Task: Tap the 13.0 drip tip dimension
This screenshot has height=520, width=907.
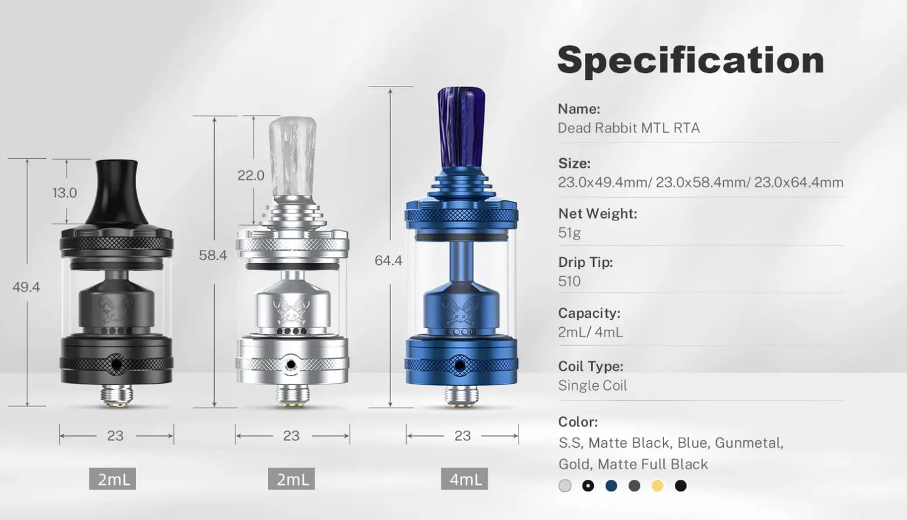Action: coord(65,193)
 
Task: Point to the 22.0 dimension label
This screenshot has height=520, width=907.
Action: coord(250,175)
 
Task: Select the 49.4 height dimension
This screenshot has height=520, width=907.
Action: coord(26,287)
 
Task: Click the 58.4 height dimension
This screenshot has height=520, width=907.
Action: coord(213,255)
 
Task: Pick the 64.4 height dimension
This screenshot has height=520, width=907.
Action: coord(389,261)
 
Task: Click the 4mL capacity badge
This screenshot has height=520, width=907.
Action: coord(464,479)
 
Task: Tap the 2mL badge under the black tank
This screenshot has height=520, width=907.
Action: coord(112,479)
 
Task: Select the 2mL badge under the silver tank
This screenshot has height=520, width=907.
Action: coord(291,479)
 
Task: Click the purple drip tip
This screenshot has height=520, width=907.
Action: coord(461,127)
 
